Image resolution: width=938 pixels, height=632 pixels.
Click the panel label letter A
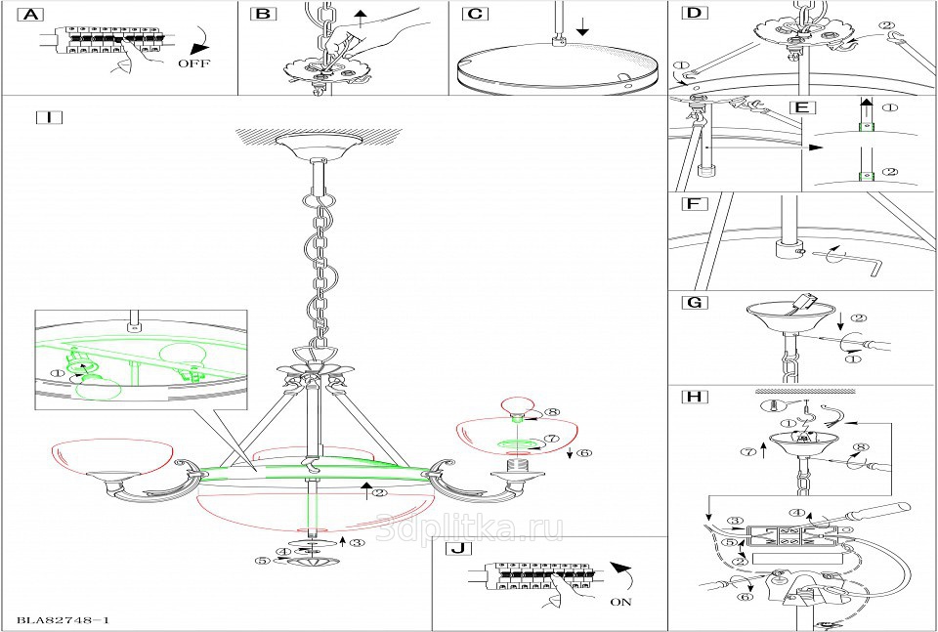pyautogui.click(x=32, y=15)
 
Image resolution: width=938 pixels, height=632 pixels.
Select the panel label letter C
pyautogui.click(x=475, y=15)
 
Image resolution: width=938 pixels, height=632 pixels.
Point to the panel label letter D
pyautogui.click(x=694, y=14)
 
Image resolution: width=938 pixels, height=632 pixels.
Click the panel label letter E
pyautogui.click(x=799, y=105)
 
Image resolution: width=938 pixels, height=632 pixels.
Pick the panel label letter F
pyautogui.click(x=693, y=205)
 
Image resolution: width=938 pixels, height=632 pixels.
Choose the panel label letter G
pyautogui.click(x=694, y=303)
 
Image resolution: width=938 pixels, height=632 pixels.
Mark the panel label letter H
pyautogui.click(x=694, y=398)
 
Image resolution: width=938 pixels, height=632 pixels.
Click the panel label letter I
pyautogui.click(x=48, y=117)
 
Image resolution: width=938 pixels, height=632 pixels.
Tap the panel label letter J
pyautogui.click(x=455, y=548)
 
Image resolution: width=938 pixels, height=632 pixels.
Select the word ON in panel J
pyautogui.click(x=620, y=602)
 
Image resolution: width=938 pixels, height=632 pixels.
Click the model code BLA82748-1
pyautogui.click(x=63, y=620)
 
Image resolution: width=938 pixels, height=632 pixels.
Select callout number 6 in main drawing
pyautogui.click(x=584, y=453)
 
